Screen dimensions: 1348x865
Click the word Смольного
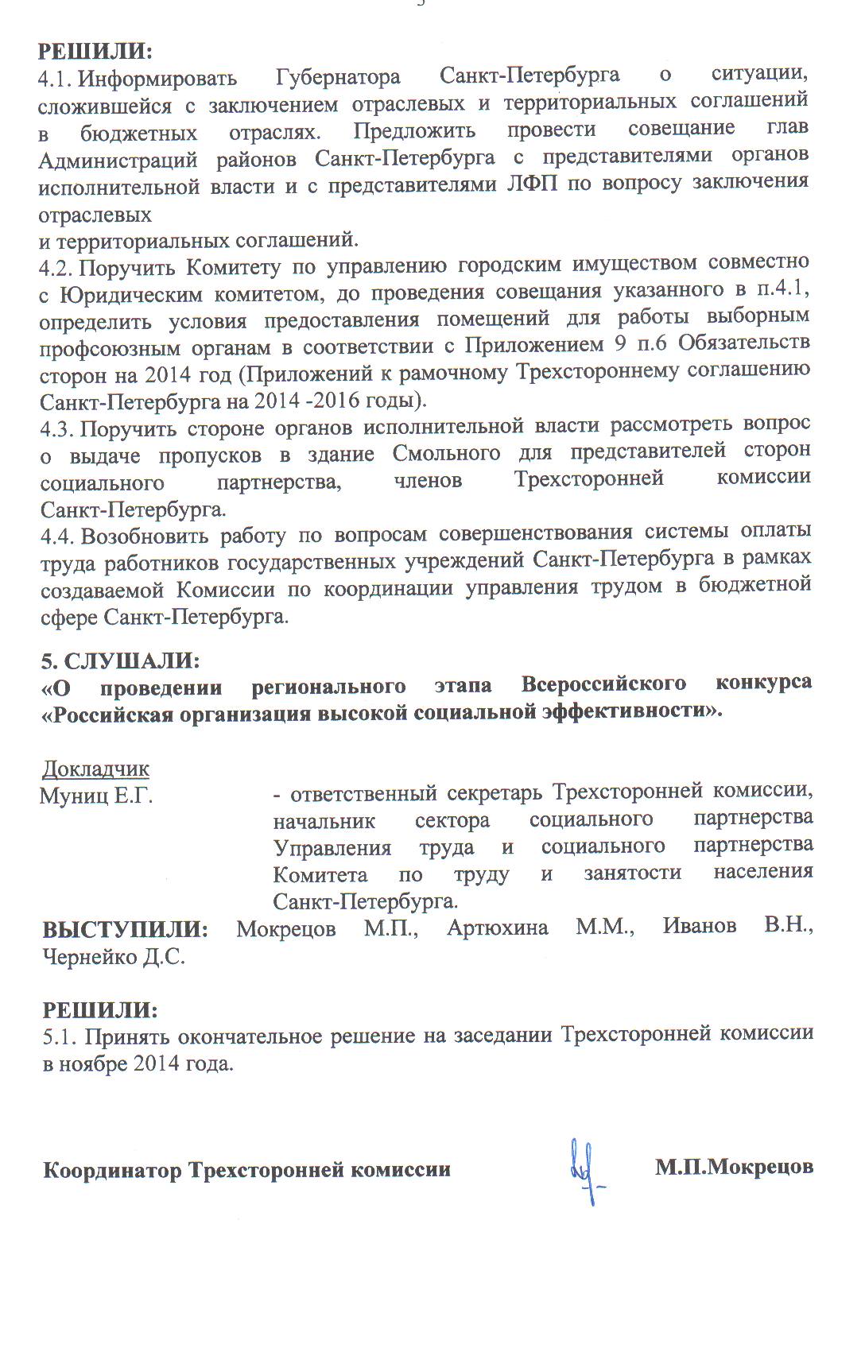[446, 454]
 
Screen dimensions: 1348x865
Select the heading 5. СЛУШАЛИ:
[120, 660]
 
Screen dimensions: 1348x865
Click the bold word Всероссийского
[603, 684]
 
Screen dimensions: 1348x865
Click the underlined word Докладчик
[95, 769]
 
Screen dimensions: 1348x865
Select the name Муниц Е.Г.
[95, 795]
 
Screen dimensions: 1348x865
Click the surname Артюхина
[498, 928]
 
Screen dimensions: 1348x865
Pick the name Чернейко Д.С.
[114, 956]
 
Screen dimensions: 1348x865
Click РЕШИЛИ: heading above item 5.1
[100, 1009]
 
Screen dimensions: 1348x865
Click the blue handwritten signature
[588, 1172]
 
